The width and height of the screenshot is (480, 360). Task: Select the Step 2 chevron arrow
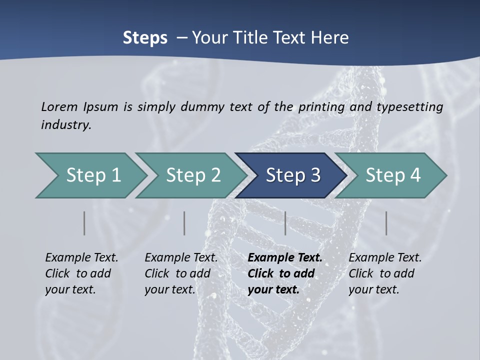(x=192, y=175)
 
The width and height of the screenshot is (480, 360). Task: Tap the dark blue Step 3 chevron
(x=292, y=175)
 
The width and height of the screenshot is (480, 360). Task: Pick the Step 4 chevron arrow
(x=392, y=175)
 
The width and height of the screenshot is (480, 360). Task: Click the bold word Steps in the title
(x=145, y=38)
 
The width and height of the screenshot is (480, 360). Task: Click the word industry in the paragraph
(x=65, y=125)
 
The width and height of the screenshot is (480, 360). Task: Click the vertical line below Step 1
(x=84, y=223)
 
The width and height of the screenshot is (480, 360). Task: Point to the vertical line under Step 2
(x=184, y=223)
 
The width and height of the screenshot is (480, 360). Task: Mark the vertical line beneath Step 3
(x=285, y=223)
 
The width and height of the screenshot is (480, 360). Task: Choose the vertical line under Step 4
(x=386, y=223)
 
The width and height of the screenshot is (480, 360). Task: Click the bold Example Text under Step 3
(x=285, y=258)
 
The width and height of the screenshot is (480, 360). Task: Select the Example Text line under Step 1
(x=81, y=258)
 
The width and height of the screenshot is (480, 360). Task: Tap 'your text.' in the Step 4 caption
(x=373, y=289)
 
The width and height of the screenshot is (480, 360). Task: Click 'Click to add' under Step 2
(x=177, y=274)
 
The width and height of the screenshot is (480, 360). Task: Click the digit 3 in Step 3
(x=315, y=175)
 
